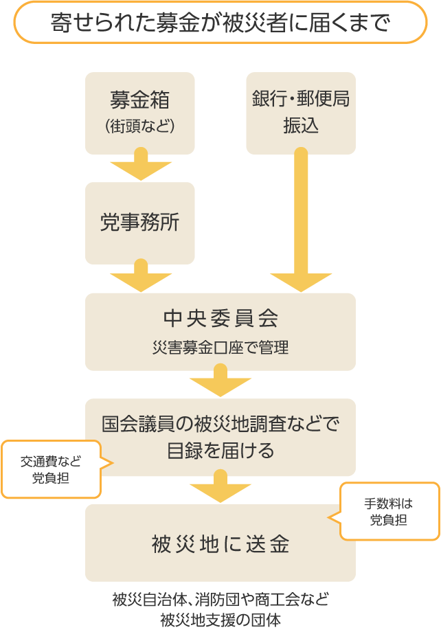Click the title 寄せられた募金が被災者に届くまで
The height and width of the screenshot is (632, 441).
pos(220,22)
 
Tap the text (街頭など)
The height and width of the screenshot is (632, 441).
pos(139,126)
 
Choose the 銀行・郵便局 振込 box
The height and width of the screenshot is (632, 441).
pos(301,113)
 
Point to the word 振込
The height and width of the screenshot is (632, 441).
pos(301,126)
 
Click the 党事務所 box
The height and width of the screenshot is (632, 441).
pos(139,223)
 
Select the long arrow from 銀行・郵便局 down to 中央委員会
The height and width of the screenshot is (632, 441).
pos(301,220)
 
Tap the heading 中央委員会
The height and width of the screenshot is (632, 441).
pos(220,319)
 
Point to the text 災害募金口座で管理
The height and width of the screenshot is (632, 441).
pos(220,348)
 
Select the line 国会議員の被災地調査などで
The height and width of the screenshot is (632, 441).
pos(220,424)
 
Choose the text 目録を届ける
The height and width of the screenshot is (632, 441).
pos(220,451)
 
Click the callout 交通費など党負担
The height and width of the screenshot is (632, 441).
pos(51,469)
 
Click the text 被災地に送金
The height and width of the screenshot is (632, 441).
pos(220,544)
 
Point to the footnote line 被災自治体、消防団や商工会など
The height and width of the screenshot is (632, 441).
pos(220,599)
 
